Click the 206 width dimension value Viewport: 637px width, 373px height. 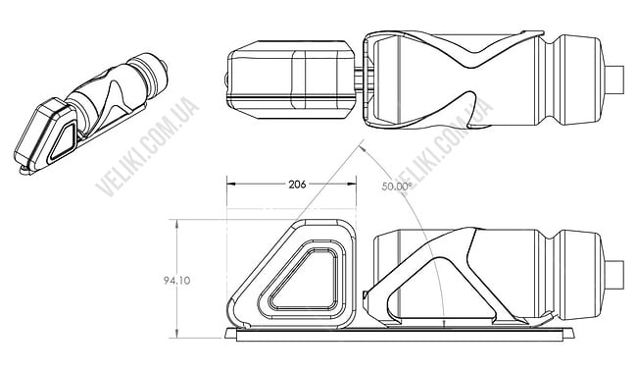297,185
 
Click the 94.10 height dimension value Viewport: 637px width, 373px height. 176,281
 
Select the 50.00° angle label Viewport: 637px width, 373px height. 397,186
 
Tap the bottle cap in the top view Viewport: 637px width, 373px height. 614,80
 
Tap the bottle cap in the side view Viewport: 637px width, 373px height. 614,275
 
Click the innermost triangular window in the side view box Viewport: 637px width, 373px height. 304,281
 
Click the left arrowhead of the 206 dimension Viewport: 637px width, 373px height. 231,185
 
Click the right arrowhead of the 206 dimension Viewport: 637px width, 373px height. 352,185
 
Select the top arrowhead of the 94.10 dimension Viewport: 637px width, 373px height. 176,224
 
